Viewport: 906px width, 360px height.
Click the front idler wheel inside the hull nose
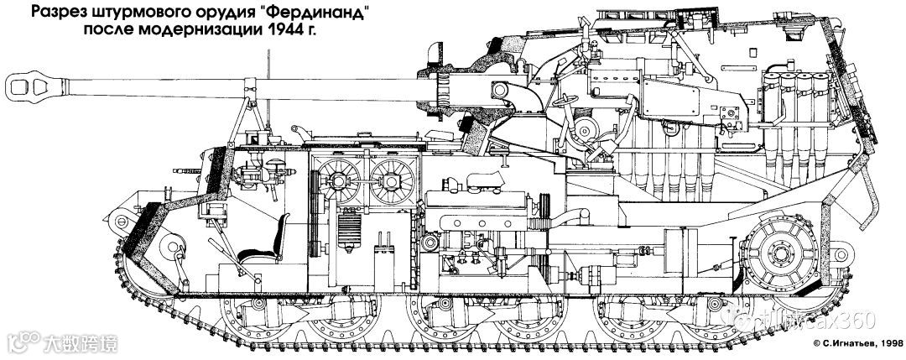click(173, 248)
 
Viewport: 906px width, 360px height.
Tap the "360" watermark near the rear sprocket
click(856, 320)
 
